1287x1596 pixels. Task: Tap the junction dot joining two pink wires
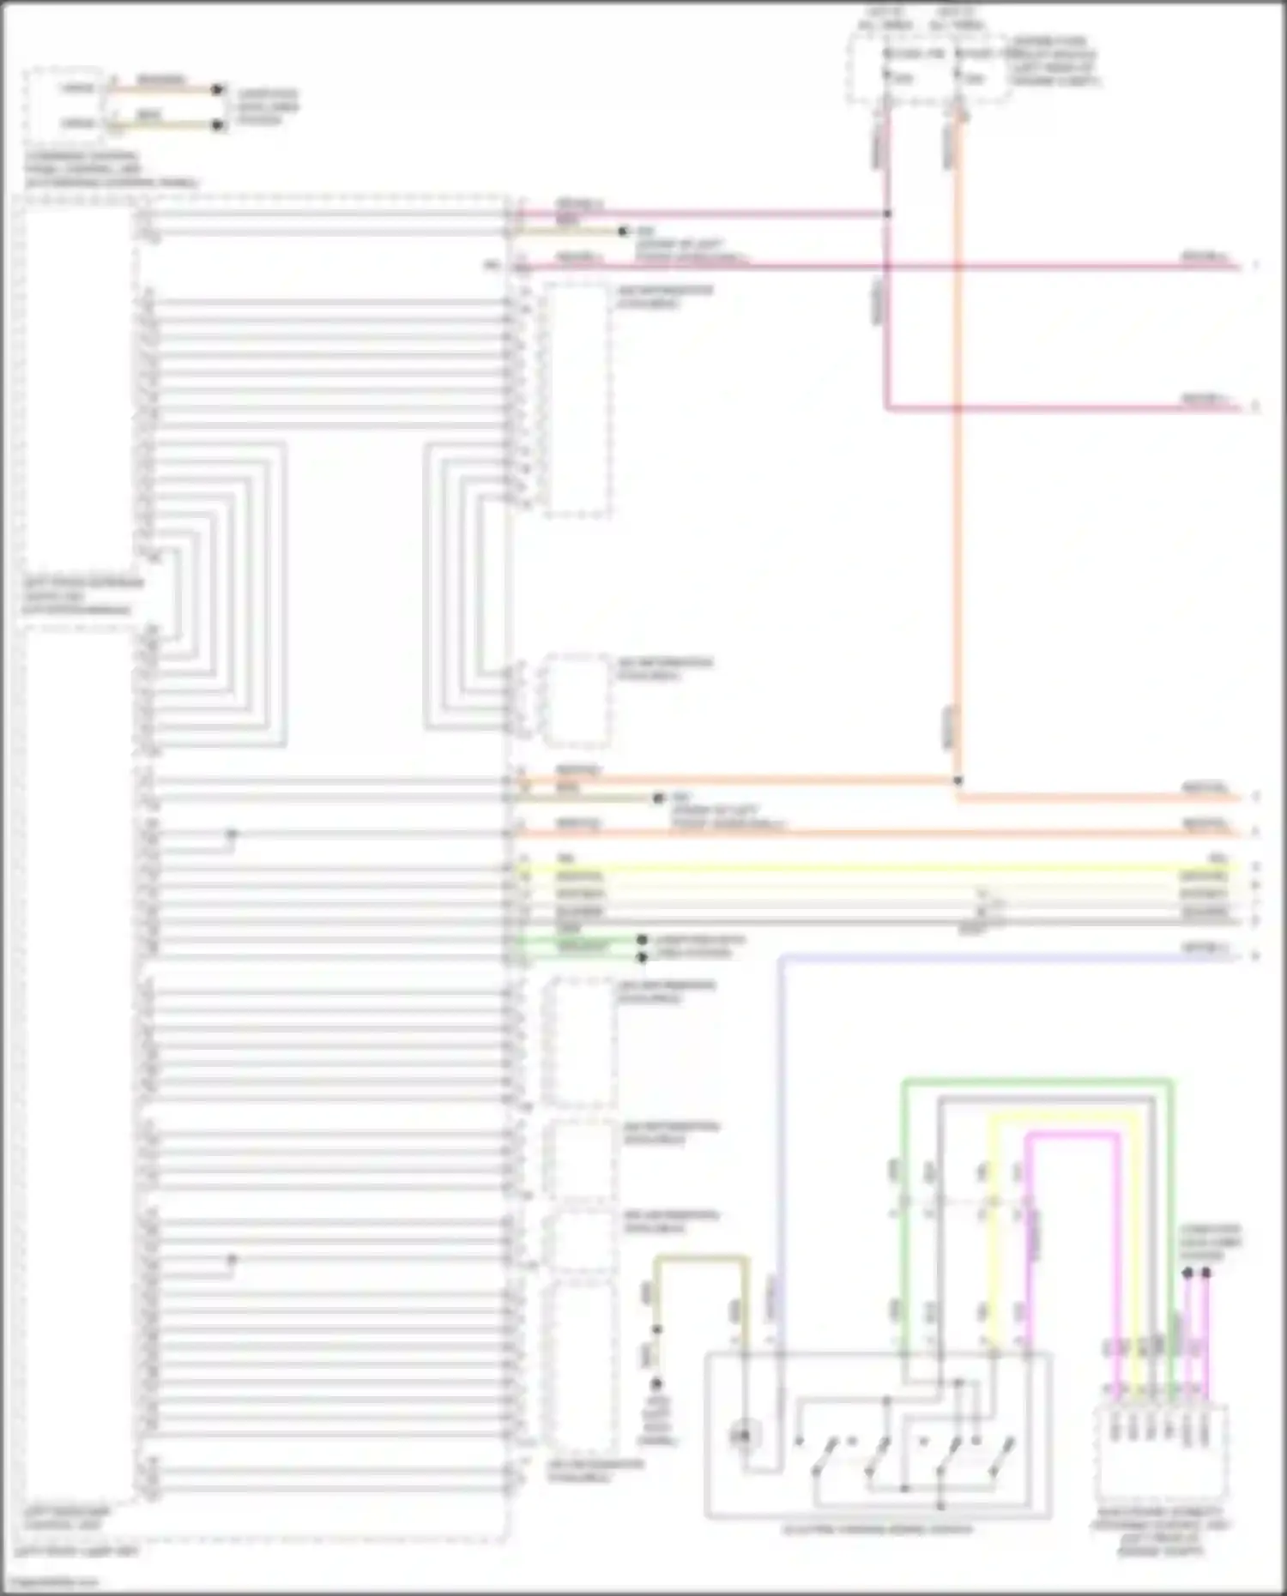point(887,214)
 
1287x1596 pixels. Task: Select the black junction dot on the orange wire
point(958,780)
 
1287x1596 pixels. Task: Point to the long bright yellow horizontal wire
point(858,868)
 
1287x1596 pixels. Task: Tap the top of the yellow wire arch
point(1064,1117)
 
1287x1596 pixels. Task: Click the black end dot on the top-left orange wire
point(218,89)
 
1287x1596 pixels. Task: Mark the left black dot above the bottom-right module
point(1187,1274)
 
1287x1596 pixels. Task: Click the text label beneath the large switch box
point(877,1529)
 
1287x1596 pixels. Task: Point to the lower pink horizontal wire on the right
point(1064,407)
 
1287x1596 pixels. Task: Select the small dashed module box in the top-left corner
point(64,105)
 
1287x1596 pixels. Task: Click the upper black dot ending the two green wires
point(642,940)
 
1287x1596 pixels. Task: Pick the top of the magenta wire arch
point(1072,1134)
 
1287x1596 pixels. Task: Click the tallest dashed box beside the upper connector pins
point(577,400)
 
